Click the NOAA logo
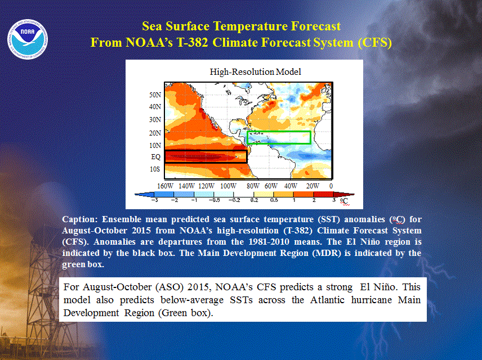(x=28, y=39)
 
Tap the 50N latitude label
(x=155, y=95)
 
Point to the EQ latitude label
(x=156, y=157)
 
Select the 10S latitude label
(x=155, y=169)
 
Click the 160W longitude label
(x=166, y=186)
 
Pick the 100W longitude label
(x=229, y=186)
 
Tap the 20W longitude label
(x=313, y=186)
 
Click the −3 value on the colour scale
(x=155, y=200)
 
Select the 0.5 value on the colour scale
(x=274, y=200)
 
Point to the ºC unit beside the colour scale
(x=344, y=201)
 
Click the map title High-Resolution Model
(x=255, y=72)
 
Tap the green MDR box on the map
(x=279, y=132)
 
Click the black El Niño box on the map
(x=206, y=151)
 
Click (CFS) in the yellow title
(x=374, y=42)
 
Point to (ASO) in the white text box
(x=169, y=287)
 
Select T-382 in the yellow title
(x=193, y=42)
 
